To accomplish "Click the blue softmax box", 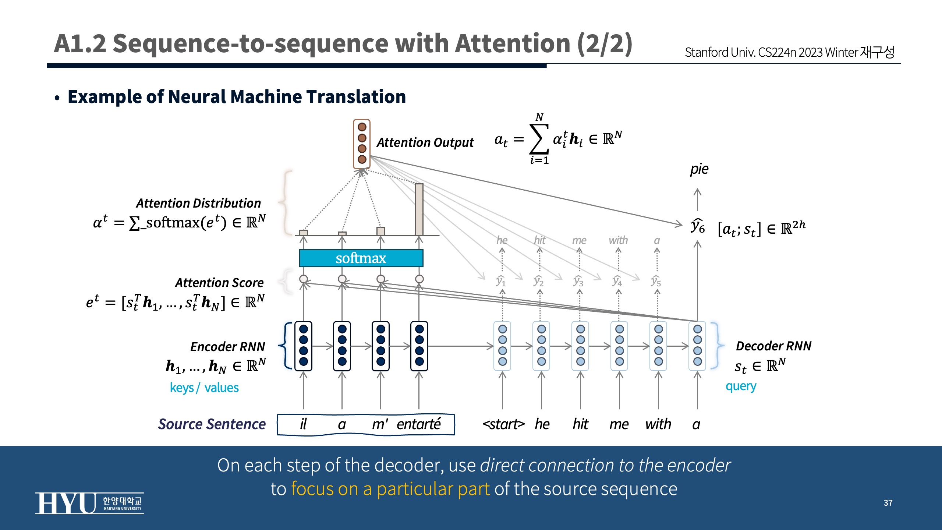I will (361, 258).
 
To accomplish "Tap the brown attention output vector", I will (362, 144).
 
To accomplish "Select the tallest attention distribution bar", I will (419, 209).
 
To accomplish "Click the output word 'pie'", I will (699, 169).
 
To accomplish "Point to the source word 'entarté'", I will (418, 424).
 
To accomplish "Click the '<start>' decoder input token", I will (503, 424).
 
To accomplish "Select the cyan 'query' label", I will (741, 386).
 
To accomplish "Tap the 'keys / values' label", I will (204, 388).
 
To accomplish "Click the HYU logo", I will (89, 503).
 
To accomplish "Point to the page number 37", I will (888, 503).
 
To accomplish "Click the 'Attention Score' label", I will (219, 283).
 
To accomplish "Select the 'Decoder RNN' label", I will (773, 346).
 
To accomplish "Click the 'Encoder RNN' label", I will (228, 347).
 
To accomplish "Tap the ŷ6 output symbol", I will (698, 226).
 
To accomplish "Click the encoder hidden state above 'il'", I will (303, 346).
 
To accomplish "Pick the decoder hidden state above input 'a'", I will (697, 346).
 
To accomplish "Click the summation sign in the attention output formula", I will (539, 139).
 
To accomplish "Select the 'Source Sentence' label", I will (212, 424).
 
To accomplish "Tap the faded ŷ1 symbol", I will (501, 281).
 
